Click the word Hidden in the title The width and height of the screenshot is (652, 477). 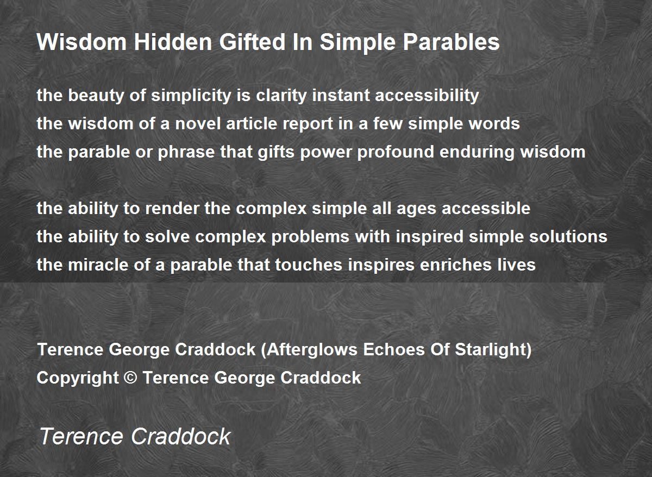tap(173, 42)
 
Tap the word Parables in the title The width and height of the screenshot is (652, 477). tap(451, 42)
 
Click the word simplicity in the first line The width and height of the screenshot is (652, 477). tap(191, 96)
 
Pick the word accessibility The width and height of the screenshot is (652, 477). tap(427, 96)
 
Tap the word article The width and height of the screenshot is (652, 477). tap(252, 123)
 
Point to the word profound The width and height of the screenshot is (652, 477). tap(396, 152)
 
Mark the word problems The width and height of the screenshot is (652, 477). tap(310, 237)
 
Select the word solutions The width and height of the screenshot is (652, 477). tap(568, 236)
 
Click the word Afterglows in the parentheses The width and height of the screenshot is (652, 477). tap(312, 350)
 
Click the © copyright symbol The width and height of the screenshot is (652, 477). tap(130, 378)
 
